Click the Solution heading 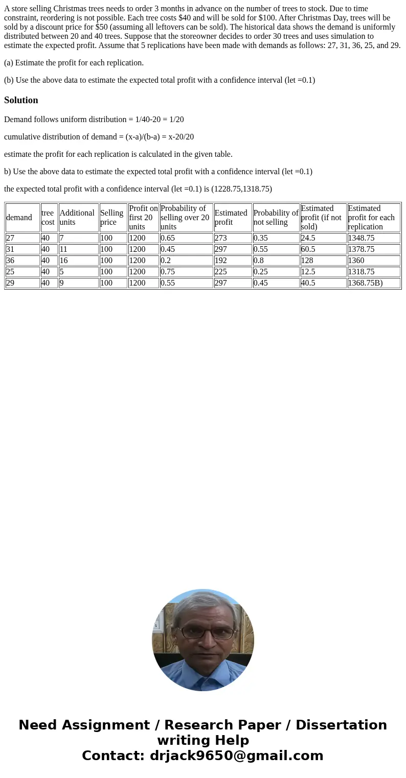pos(21,100)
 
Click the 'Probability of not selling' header pos(276,218)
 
